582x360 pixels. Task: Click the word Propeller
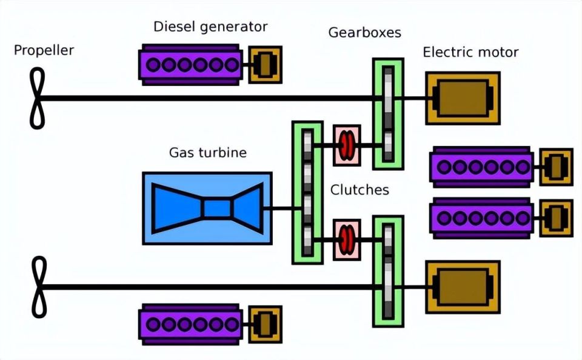(x=44, y=50)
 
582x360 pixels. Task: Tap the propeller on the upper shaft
(x=37, y=98)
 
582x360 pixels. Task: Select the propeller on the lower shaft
(x=39, y=287)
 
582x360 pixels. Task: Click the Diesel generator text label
(x=210, y=27)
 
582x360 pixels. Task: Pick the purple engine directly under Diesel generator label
(x=191, y=65)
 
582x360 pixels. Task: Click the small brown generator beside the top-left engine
(x=265, y=65)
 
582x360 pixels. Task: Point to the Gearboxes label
(x=364, y=33)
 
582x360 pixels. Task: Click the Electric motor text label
(x=470, y=52)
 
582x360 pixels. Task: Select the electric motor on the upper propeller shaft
(x=463, y=98)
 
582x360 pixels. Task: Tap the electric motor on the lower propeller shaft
(x=463, y=287)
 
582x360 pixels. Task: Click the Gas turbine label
(x=208, y=153)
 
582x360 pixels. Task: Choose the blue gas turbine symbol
(x=207, y=208)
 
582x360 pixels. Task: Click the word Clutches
(x=360, y=190)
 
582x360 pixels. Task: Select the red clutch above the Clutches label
(x=347, y=145)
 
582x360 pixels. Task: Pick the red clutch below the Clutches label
(x=347, y=240)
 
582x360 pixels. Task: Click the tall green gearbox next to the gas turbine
(x=307, y=193)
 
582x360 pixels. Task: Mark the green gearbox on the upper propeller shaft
(x=388, y=113)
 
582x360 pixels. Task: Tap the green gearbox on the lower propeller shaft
(x=388, y=272)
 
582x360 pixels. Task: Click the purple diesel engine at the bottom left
(x=191, y=324)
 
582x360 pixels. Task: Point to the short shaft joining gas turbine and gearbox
(x=282, y=208)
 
